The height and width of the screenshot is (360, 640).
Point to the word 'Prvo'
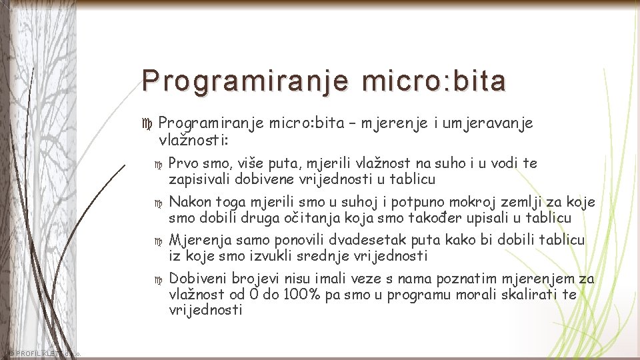point(183,163)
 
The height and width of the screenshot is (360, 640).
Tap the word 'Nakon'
point(190,202)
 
